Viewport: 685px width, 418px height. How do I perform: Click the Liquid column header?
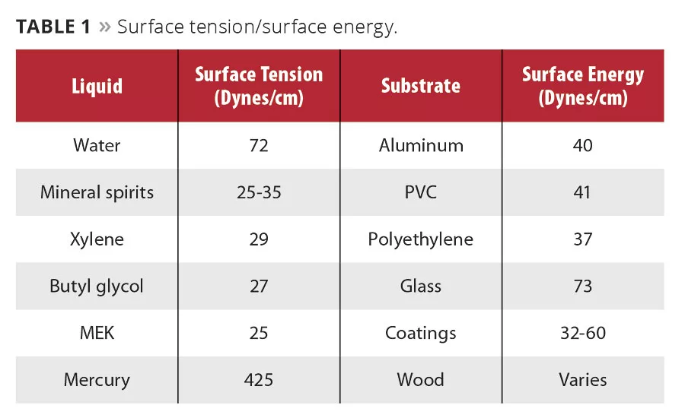pyautogui.click(x=97, y=85)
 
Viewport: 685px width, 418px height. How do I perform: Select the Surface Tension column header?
pyautogui.click(x=259, y=85)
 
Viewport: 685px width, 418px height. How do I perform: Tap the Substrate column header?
pyautogui.click(x=421, y=85)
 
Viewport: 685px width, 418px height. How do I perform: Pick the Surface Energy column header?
pyautogui.click(x=582, y=85)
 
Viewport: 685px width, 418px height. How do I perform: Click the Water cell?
pyautogui.click(x=97, y=145)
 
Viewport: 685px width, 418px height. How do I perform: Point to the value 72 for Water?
pyautogui.click(x=259, y=145)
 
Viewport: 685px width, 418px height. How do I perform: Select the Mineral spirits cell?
pyautogui.click(x=97, y=192)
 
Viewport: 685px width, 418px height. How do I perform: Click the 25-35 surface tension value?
pyautogui.click(x=259, y=192)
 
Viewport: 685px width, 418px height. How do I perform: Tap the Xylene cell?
pyautogui.click(x=97, y=239)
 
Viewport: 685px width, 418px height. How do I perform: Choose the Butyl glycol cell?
pyautogui.click(x=97, y=287)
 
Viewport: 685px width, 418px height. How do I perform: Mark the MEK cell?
pyautogui.click(x=97, y=333)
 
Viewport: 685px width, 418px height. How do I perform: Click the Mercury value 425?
pyautogui.click(x=259, y=380)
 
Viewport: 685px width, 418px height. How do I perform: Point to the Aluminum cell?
pyautogui.click(x=421, y=145)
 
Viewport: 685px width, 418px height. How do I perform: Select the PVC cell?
pyautogui.click(x=421, y=192)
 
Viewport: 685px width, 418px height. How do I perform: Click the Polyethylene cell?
pyautogui.click(x=421, y=239)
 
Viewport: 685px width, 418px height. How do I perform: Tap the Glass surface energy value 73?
pyautogui.click(x=582, y=287)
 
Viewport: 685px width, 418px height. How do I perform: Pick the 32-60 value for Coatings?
pyautogui.click(x=582, y=333)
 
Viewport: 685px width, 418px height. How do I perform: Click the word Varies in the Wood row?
pyautogui.click(x=582, y=380)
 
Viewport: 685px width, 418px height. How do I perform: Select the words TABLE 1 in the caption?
pyautogui.click(x=53, y=27)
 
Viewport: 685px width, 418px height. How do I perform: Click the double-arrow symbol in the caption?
pyautogui.click(x=104, y=27)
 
